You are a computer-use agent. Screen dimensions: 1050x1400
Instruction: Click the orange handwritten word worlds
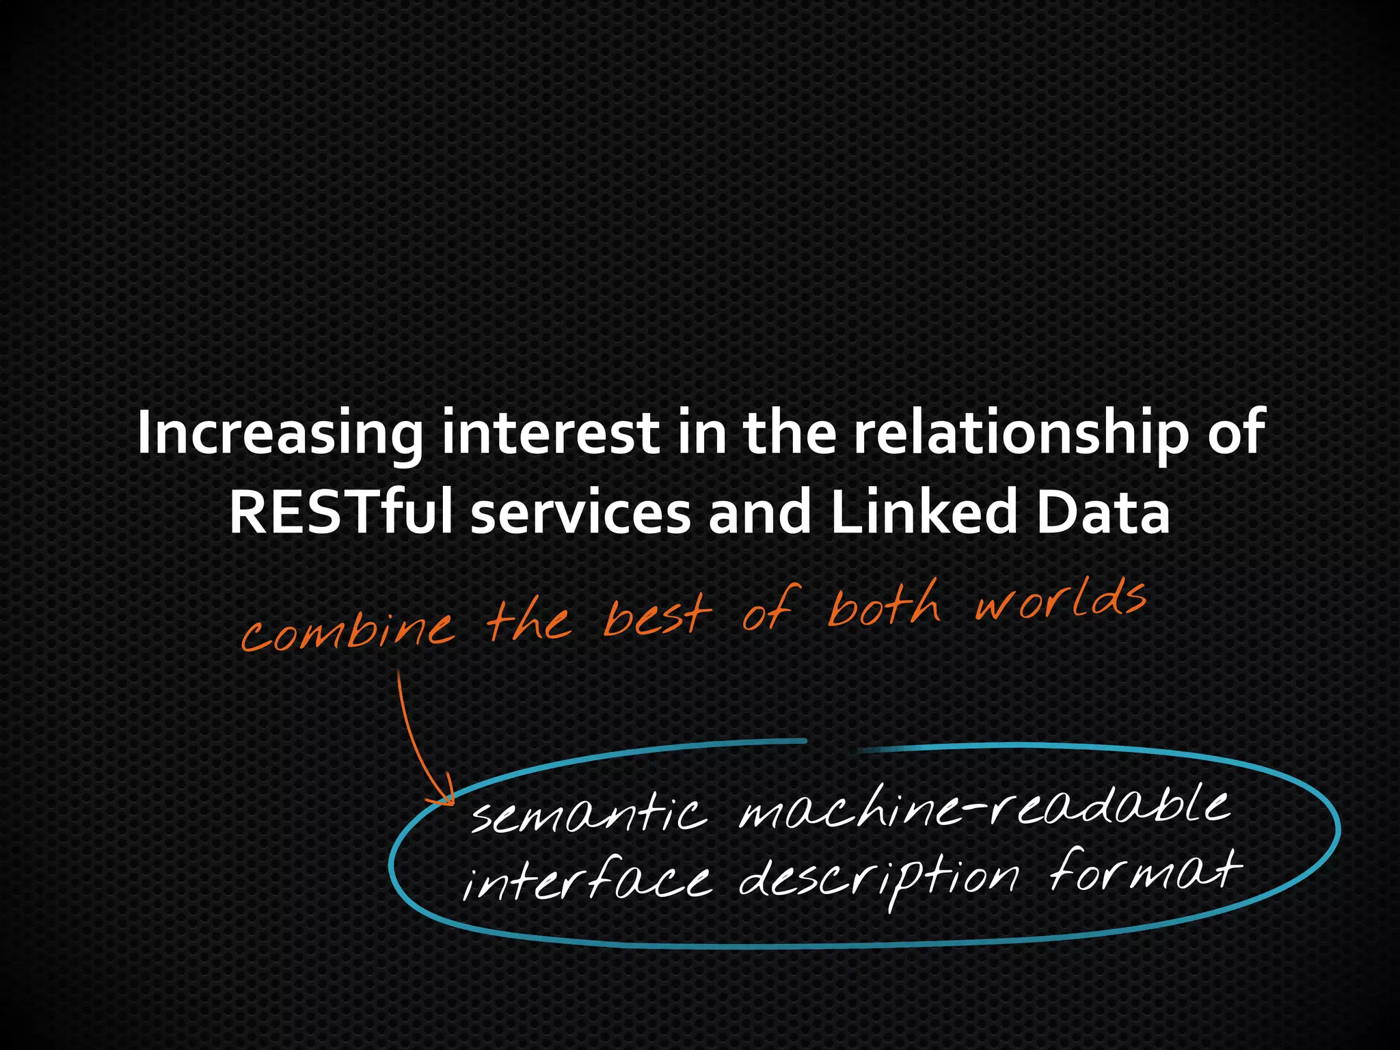click(1060, 602)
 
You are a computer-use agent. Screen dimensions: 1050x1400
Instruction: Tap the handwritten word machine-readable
click(984, 807)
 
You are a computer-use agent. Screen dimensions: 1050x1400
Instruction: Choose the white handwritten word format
click(1145, 872)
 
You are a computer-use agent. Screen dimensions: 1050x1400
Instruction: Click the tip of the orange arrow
click(451, 803)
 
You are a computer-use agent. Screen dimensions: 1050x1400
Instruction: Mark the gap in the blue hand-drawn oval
click(833, 744)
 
